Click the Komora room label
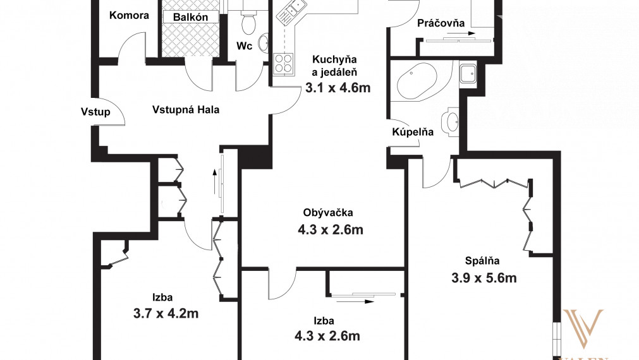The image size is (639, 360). pos(129,15)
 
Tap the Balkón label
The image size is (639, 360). pos(192,18)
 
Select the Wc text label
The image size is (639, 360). pos(245,45)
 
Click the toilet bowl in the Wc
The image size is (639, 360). pos(248,25)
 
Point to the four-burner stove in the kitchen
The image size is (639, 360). pos(283,64)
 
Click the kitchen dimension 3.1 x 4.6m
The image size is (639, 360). pos(338,88)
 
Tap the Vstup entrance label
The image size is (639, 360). pos(95,112)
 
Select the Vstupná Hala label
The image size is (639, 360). pos(186,109)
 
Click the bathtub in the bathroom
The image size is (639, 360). pos(416,81)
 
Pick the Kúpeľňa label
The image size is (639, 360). pos(413,132)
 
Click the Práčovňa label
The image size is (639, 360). pos(441,23)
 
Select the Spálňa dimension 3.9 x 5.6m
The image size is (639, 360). pos(484,277)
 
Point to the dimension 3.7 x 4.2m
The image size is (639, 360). pos(167,313)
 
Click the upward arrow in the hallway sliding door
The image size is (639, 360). pos(215,181)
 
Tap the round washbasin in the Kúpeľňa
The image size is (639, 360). pos(452,121)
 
